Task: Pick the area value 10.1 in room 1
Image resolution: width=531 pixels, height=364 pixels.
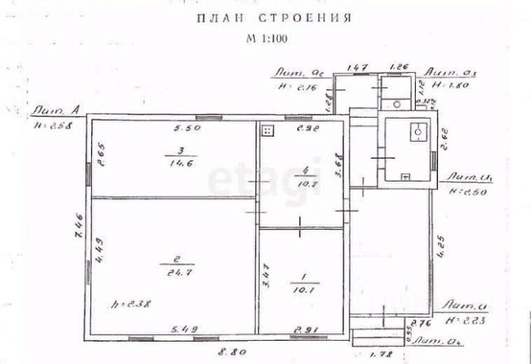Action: point(300,290)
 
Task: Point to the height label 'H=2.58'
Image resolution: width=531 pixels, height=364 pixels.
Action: point(51,125)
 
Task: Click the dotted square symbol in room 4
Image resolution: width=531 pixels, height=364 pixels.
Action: point(267,130)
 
